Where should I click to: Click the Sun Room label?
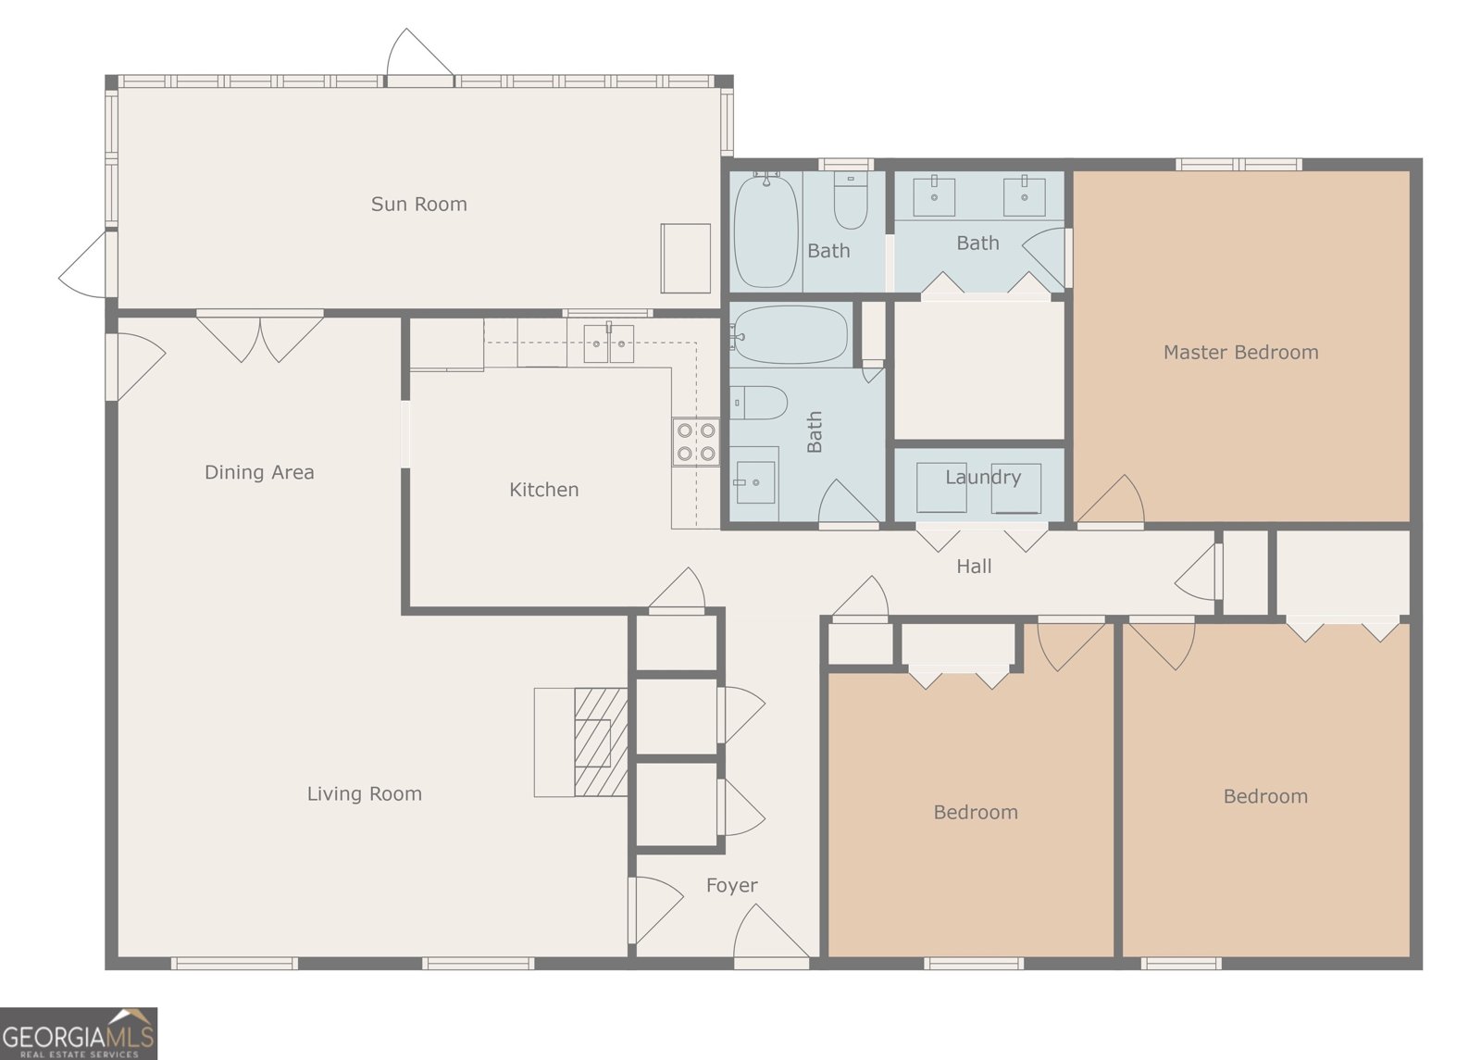(x=418, y=204)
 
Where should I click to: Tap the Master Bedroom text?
(x=1240, y=352)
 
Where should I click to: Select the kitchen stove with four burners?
(x=695, y=443)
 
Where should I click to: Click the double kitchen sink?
(x=608, y=343)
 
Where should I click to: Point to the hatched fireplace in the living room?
(x=600, y=742)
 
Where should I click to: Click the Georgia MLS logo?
(x=79, y=1033)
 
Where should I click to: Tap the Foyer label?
(x=731, y=885)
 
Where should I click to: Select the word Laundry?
(x=982, y=477)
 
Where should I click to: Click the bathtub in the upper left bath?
(x=765, y=230)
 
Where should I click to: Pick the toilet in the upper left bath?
(x=851, y=202)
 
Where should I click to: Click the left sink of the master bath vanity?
(x=934, y=196)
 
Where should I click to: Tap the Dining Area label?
(x=259, y=472)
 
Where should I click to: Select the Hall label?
(x=974, y=566)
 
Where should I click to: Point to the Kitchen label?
(x=543, y=490)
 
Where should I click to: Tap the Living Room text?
(x=364, y=793)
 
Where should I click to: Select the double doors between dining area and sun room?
(x=260, y=336)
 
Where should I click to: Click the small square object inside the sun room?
(x=685, y=257)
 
